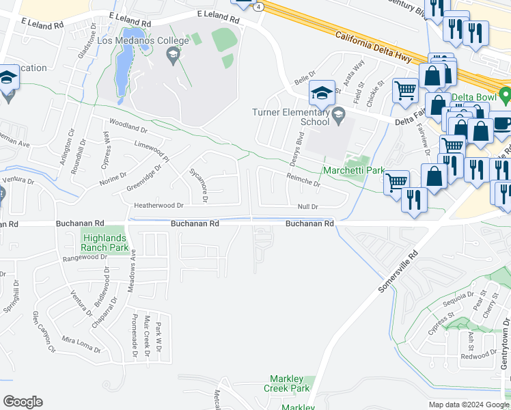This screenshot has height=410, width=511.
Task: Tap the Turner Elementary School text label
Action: click(290, 117)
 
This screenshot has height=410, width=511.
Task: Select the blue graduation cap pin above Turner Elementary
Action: click(324, 94)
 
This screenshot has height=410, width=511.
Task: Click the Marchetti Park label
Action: click(354, 170)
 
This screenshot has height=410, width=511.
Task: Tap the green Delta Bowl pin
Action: click(505, 94)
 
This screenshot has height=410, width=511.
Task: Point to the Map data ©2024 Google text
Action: click(468, 405)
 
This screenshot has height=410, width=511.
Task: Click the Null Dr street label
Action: click(308, 206)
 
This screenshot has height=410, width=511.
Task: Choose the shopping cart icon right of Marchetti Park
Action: click(396, 181)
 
